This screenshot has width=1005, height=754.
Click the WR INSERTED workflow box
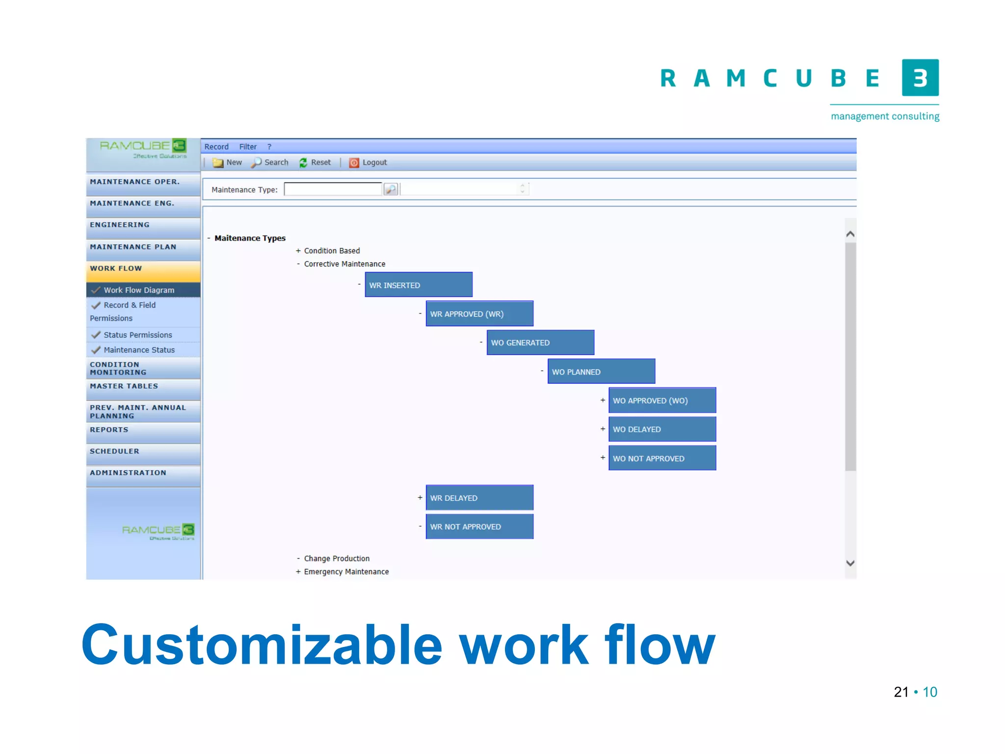[x=418, y=285]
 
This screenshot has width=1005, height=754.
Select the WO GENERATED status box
[x=540, y=343]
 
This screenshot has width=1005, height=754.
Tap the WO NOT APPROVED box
[x=661, y=458]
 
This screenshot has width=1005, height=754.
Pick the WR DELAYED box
[x=479, y=498]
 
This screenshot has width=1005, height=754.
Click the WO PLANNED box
[x=601, y=372]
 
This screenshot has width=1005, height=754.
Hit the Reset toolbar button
[x=315, y=162]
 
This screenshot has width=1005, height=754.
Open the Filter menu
[x=248, y=147]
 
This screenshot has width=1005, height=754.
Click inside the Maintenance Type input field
[x=333, y=189]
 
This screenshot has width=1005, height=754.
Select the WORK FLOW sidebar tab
[x=143, y=269]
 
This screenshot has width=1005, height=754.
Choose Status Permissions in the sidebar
[x=138, y=335]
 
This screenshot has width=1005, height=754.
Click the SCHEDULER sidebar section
[x=143, y=452]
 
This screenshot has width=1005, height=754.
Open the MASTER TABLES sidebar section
[x=143, y=387]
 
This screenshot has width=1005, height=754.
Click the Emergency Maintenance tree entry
[x=346, y=571]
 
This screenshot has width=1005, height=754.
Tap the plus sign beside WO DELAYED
[x=603, y=429]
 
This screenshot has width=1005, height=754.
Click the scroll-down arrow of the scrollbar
[x=850, y=563]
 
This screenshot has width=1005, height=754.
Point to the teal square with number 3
[x=920, y=78]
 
